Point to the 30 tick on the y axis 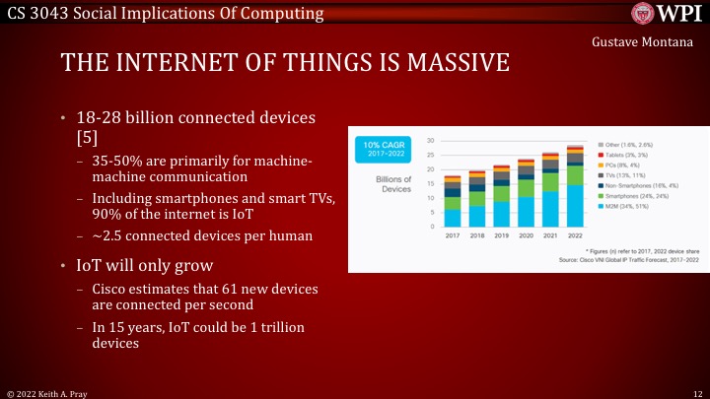click(430, 141)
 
